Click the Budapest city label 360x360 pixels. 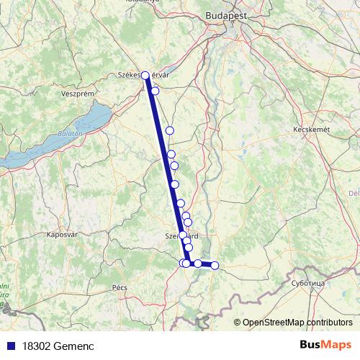pos(225,14)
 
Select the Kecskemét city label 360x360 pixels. pos(311,129)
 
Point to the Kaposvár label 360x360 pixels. pos(61,235)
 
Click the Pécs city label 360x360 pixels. pos(120,287)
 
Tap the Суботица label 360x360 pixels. pos(308,284)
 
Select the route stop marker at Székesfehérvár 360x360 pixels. pos(145,75)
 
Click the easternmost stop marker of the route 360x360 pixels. pos(215,266)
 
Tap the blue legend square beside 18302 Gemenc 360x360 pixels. pos(10,346)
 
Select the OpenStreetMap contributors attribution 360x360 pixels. pos(297,323)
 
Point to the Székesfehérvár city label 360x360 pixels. pos(144,75)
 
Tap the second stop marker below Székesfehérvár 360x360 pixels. pos(170,130)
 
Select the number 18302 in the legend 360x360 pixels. pos(37,346)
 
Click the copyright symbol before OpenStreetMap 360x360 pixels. pos(237,323)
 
